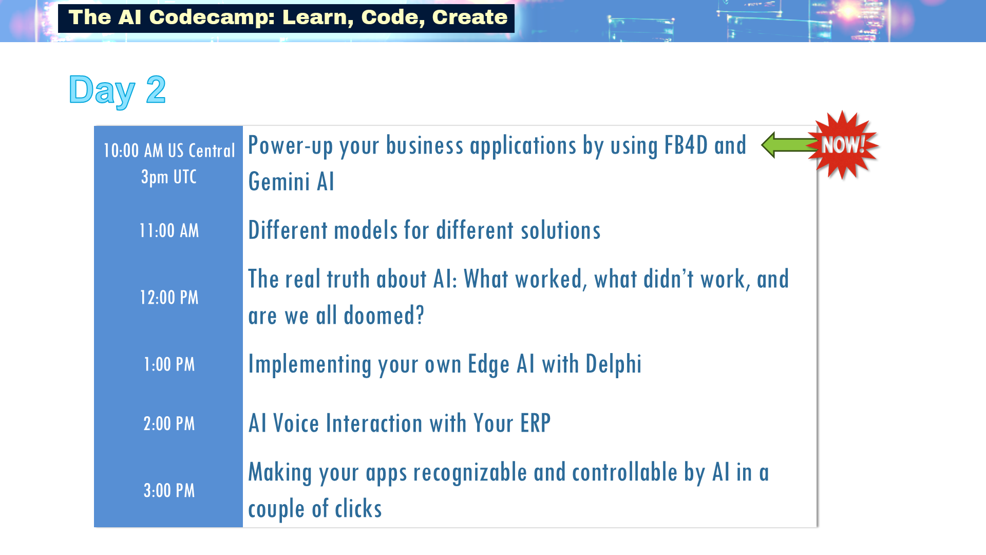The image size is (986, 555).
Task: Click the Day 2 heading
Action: coord(117,90)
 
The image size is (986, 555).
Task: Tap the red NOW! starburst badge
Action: coord(843,145)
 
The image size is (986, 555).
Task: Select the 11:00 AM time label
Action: coord(169,231)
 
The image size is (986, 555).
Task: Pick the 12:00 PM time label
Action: coord(169,298)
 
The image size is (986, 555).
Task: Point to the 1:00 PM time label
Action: coord(169,364)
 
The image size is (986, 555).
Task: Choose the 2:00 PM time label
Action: coord(169,424)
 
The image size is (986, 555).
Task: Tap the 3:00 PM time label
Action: coord(169,491)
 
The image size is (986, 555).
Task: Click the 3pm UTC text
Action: coord(169,177)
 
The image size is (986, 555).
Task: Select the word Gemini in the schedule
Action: coord(279,182)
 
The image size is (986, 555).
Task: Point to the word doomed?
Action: coord(384,316)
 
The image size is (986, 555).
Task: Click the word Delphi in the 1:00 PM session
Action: coord(614,364)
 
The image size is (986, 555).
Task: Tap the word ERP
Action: coord(535,424)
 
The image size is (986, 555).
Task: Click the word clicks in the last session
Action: coord(358,509)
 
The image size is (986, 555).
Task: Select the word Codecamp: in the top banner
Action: coord(212,17)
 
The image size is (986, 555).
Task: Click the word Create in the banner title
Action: coord(470,17)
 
